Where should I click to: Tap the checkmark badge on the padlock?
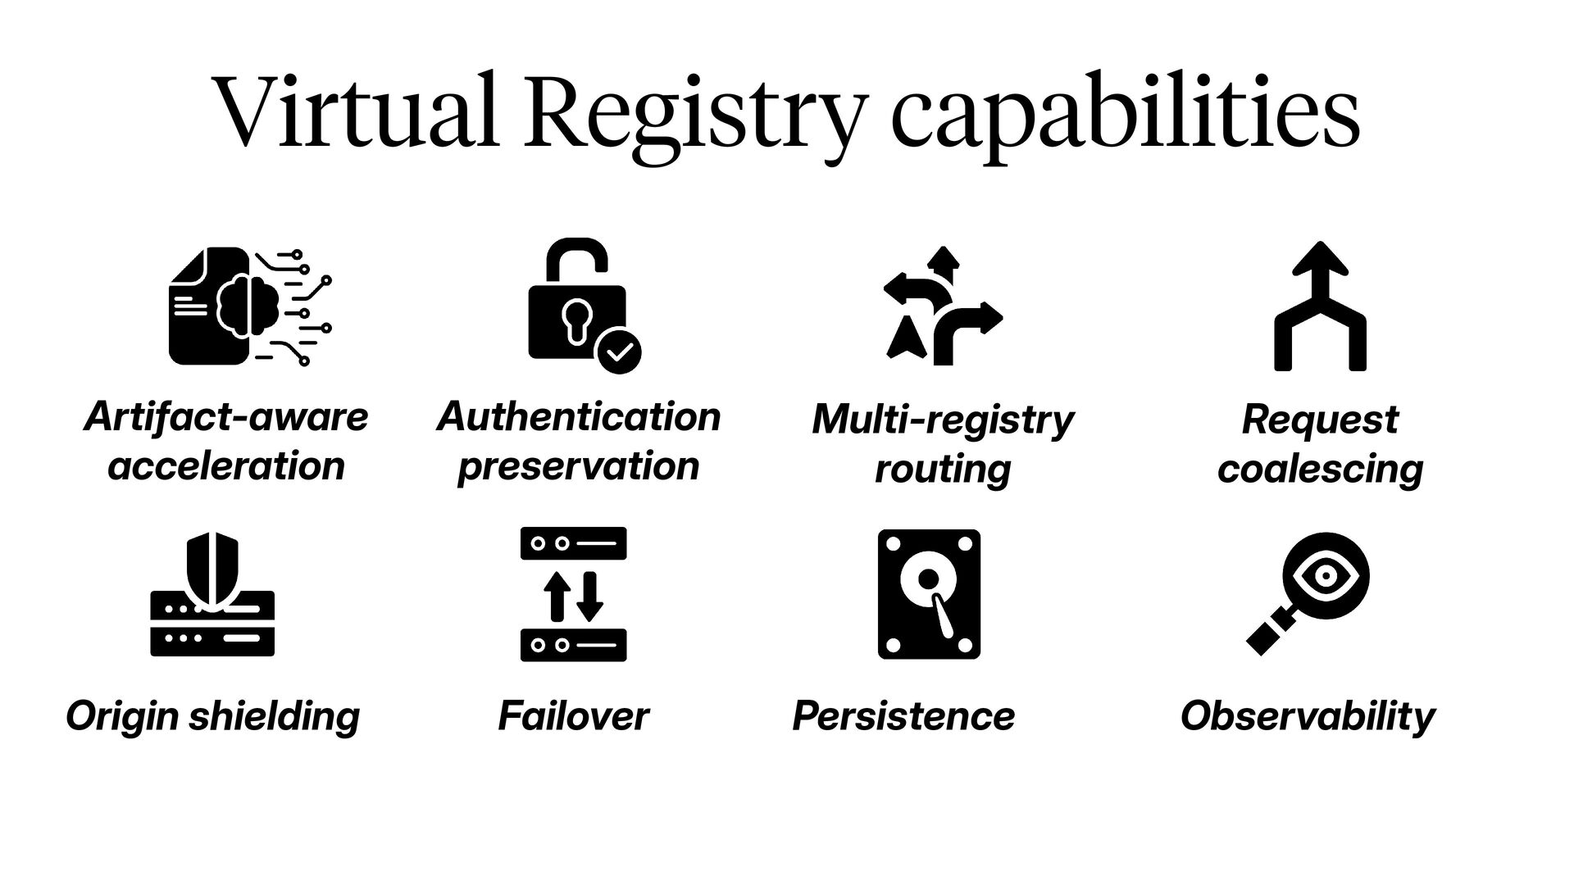click(619, 352)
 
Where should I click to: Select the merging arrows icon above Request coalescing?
click(1320, 306)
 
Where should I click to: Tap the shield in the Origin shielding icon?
click(212, 570)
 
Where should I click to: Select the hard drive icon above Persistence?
click(929, 594)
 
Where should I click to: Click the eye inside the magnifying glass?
click(1326, 575)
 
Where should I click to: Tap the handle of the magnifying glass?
click(1269, 633)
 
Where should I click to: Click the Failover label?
click(573, 716)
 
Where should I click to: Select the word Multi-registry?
click(942, 420)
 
